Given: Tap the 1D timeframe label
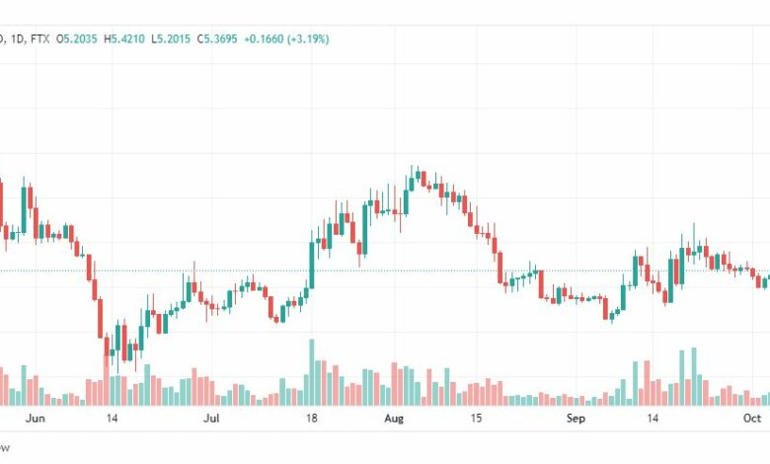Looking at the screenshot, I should point(15,39).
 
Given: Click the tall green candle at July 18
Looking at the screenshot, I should point(312,261).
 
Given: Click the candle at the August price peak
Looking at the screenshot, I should point(414,177).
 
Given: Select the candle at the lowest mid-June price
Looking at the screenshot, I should point(108,350).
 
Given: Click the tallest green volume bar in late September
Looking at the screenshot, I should point(694,375).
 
